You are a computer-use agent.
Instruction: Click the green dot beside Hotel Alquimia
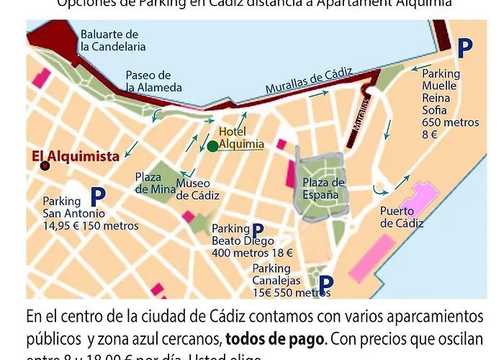pyautogui.click(x=212, y=147)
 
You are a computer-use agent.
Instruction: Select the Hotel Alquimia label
pyautogui.click(x=241, y=138)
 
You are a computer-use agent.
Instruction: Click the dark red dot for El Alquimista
pyautogui.click(x=45, y=166)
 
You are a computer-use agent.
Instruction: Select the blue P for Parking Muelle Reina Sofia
pyautogui.click(x=466, y=48)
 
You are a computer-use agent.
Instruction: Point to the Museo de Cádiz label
pyautogui.click(x=193, y=189)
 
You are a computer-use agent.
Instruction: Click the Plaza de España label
pyautogui.click(x=323, y=188)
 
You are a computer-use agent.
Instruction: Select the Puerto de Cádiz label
pyautogui.click(x=401, y=217)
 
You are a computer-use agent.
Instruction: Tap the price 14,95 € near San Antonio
pyautogui.click(x=66, y=226)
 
